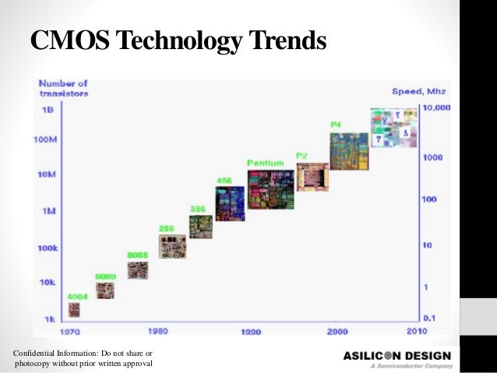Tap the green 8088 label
click(137, 255)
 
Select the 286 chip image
click(171, 247)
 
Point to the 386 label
click(199, 209)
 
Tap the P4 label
click(336, 125)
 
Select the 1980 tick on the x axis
click(157, 331)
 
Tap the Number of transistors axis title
click(64, 88)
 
